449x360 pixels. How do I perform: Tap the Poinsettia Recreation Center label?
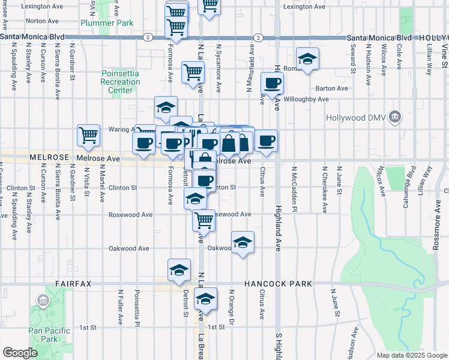tap(120, 82)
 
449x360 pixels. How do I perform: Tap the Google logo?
tap(20, 353)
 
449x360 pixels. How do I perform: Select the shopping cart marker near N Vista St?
tap(89, 135)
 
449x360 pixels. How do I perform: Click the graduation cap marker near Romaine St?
tap(307, 58)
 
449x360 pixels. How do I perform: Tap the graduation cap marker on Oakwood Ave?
tap(242, 242)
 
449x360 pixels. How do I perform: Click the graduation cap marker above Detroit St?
tap(179, 270)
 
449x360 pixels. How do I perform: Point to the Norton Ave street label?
tap(43, 20)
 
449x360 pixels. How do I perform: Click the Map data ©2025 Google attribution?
tap(411, 355)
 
